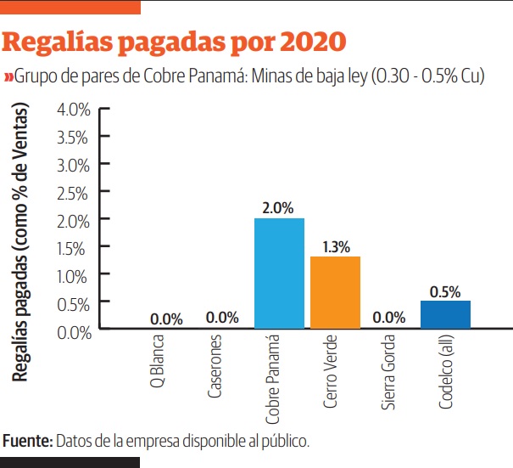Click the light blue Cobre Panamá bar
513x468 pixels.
279,273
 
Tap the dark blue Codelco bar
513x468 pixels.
445,313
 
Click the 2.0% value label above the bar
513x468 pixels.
279,207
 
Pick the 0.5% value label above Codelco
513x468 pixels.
445,290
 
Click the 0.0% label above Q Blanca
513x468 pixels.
166,319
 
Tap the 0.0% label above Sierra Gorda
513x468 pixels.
389,319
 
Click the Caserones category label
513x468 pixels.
215,369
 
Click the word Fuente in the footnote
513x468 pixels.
27,441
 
